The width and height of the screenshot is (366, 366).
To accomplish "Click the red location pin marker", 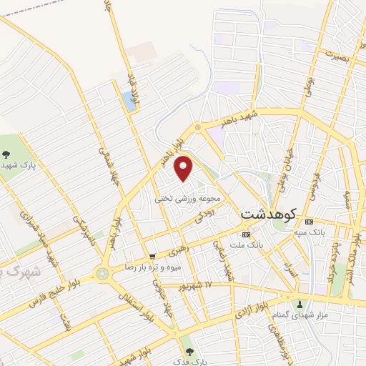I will [x=184, y=168].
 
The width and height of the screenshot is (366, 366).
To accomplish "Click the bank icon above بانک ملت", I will [x=247, y=234].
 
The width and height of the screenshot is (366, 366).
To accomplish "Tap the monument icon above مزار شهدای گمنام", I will [x=300, y=304].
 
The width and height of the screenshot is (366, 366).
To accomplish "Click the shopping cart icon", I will [x=152, y=256].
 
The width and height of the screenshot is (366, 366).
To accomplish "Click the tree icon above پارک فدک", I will [x=189, y=351].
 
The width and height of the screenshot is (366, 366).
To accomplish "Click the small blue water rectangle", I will [x=129, y=101].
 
